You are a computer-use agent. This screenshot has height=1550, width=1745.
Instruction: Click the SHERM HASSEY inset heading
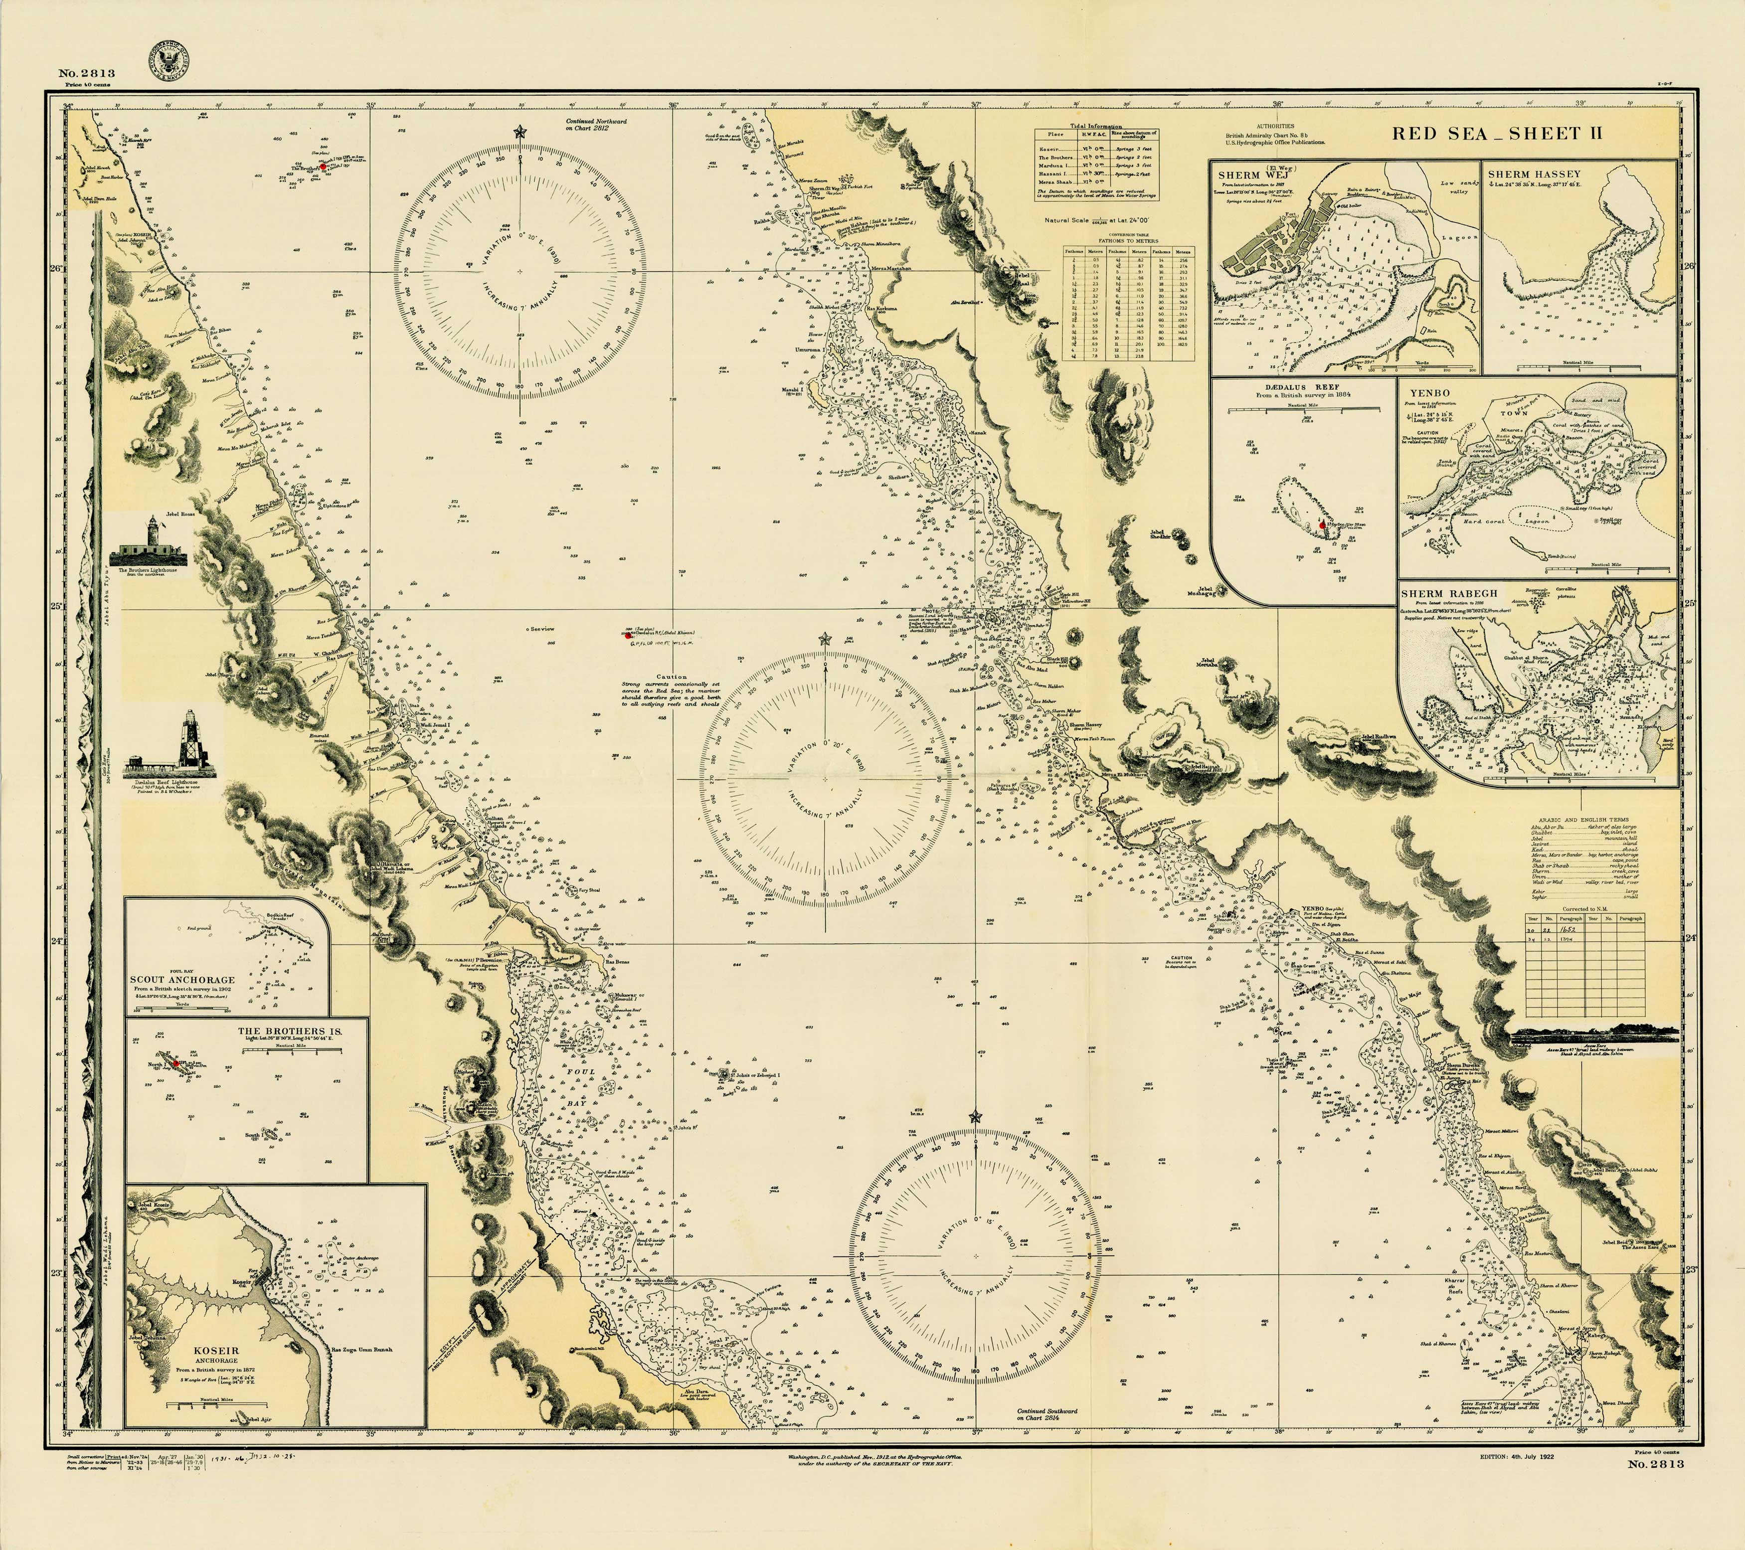click(x=1533, y=174)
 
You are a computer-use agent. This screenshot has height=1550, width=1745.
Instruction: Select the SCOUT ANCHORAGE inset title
click(x=182, y=980)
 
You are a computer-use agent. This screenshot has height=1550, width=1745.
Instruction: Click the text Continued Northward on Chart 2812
click(x=596, y=125)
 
